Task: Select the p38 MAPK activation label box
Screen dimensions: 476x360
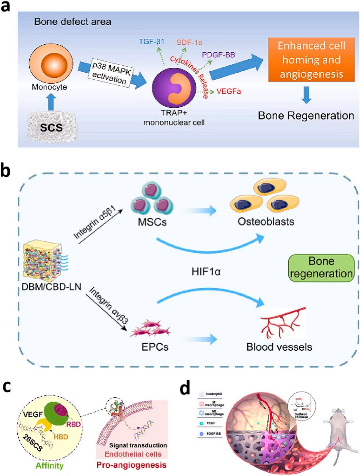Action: pyautogui.click(x=111, y=73)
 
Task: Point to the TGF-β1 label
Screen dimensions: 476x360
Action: pyautogui.click(x=152, y=42)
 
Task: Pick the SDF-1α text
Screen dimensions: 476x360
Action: pyautogui.click(x=190, y=43)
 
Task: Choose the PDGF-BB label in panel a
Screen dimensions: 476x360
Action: pyautogui.click(x=218, y=55)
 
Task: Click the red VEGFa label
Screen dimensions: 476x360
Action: pyautogui.click(x=229, y=91)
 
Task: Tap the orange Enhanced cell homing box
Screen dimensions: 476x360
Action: pyautogui.click(x=311, y=60)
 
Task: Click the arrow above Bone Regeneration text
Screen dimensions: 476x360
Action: pyautogui.click(x=306, y=95)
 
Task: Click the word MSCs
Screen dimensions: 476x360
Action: pyautogui.click(x=152, y=222)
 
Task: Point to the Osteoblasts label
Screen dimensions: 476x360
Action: pyautogui.click(x=266, y=222)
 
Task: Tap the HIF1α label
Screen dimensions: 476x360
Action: pyautogui.click(x=206, y=272)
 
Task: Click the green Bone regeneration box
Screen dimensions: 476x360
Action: pyautogui.click(x=321, y=268)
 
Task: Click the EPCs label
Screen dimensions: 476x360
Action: pyautogui.click(x=155, y=347)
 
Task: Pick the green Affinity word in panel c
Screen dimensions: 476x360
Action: pyautogui.click(x=49, y=465)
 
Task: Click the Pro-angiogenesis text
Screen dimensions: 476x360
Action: pyautogui.click(x=131, y=465)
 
